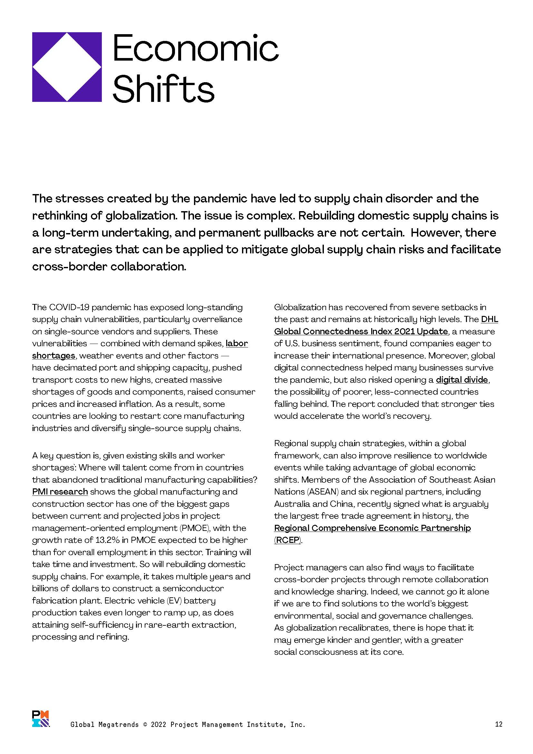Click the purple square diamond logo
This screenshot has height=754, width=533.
(x=67, y=67)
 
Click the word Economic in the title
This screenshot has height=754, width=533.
(x=196, y=49)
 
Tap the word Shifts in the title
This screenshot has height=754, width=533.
(x=163, y=89)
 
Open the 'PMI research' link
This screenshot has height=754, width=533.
(x=60, y=492)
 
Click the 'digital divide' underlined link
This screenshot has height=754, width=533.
(x=462, y=380)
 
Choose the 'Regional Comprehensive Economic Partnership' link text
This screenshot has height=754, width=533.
(x=372, y=528)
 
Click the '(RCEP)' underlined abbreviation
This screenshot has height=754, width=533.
(x=287, y=540)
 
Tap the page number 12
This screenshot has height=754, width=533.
(x=499, y=724)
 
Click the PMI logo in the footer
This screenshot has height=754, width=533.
(x=41, y=719)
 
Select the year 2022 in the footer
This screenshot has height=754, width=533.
(x=159, y=724)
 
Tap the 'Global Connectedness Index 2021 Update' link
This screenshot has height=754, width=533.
(x=361, y=331)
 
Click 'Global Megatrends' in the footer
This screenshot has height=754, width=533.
(x=104, y=724)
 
